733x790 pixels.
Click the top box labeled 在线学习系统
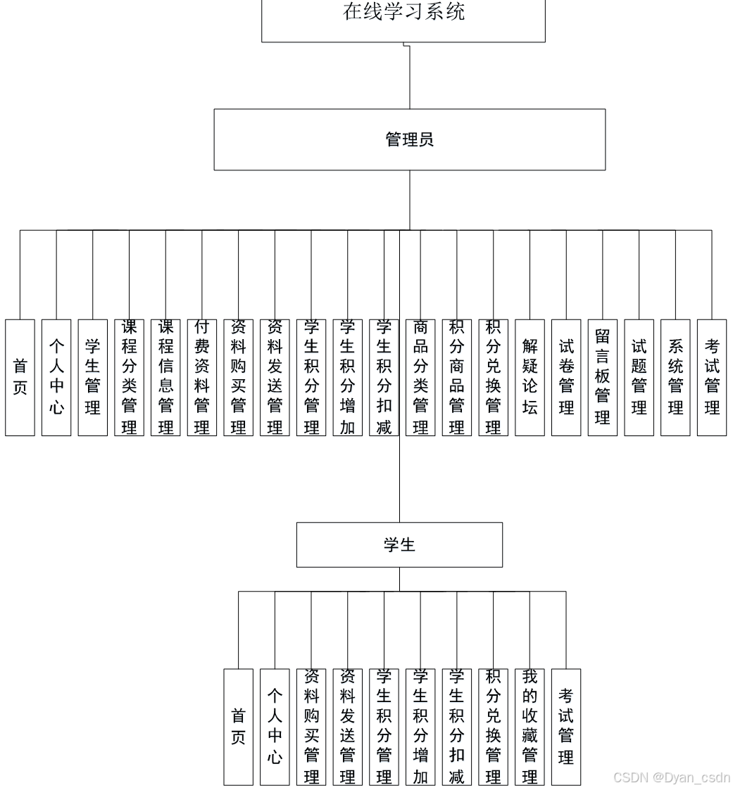[x=403, y=18]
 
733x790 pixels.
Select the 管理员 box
[x=409, y=139]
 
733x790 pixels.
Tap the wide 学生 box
[x=399, y=544]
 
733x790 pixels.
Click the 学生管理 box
[x=93, y=377]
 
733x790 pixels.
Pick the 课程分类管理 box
[x=129, y=377]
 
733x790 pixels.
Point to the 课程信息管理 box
[x=165, y=377]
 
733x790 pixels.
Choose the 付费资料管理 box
[x=202, y=377]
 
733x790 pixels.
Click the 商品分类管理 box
[x=420, y=377]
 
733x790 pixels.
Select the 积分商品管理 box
[x=457, y=377]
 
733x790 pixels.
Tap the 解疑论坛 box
[x=530, y=377]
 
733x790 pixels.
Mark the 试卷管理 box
[x=566, y=377]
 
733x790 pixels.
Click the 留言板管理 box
[x=603, y=377]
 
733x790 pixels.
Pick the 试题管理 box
[x=639, y=377]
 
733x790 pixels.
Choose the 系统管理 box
[x=675, y=377]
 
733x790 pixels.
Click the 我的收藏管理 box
[x=530, y=727]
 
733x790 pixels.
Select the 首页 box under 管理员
[x=20, y=377]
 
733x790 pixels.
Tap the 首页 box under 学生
[x=239, y=727]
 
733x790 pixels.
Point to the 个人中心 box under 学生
[x=275, y=727]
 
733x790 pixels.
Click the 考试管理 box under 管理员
[x=712, y=377]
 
